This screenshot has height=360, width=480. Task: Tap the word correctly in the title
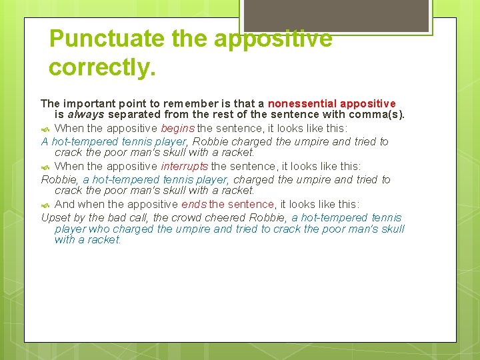102,67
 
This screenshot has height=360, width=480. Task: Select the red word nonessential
302,104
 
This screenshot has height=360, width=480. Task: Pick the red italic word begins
177,129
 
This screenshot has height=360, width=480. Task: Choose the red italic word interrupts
184,167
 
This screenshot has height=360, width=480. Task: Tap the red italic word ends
193,205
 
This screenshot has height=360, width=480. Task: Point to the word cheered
228,217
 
